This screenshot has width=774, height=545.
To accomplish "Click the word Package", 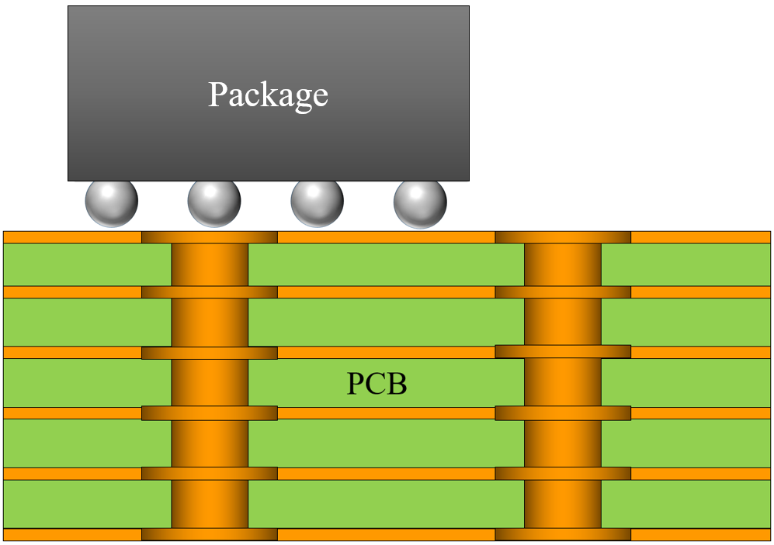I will point(268,95).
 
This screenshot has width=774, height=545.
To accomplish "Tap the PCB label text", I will point(377,384).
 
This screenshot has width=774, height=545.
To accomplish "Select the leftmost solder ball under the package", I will point(112,202).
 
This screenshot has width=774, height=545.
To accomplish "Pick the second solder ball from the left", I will point(214,202).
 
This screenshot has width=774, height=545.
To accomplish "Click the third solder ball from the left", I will point(317,202).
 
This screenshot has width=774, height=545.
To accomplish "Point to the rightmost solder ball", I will point(420,202).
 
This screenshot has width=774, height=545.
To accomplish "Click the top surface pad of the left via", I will point(210,236).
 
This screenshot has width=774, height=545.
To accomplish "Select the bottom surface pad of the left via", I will point(210,534).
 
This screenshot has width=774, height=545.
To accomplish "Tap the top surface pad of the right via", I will point(563,236).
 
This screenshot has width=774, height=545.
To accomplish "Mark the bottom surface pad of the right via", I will point(563,534).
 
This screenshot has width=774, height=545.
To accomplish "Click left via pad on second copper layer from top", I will point(210,292).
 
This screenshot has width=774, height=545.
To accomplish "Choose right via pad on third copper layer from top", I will point(563,351).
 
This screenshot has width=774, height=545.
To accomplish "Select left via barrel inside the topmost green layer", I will point(210,264).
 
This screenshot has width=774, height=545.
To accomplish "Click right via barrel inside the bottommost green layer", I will point(563,504).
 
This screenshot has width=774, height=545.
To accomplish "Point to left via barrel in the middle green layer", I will point(210,383).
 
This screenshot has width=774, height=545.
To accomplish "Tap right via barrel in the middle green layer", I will point(563,383).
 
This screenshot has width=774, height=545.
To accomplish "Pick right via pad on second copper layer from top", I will point(563,292).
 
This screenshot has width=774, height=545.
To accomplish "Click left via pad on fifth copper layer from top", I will point(210,474).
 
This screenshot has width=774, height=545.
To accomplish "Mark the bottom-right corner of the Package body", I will point(468,180).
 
